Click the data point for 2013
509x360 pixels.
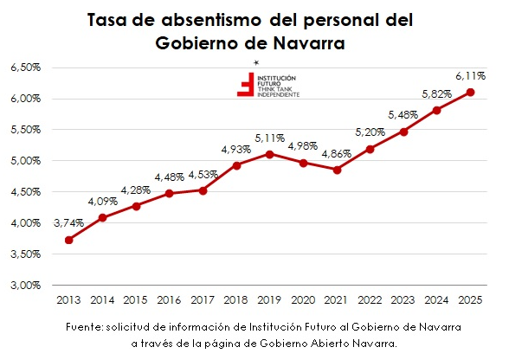(69, 241)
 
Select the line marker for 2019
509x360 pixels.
(269, 155)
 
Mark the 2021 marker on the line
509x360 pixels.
(338, 170)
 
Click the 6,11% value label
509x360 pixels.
(471, 76)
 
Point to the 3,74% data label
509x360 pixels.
(69, 223)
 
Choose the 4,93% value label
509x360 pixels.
(236, 150)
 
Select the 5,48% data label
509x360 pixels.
(403, 115)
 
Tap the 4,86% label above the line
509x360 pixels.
(336, 154)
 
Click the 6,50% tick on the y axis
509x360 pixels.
(26, 67)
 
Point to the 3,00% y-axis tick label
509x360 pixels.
(26, 286)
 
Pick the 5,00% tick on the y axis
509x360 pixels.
(26, 161)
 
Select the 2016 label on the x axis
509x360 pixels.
(169, 300)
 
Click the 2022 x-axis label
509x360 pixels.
(370, 300)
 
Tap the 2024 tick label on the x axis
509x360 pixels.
(436, 300)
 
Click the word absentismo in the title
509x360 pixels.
(211, 21)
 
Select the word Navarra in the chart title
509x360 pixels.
(309, 43)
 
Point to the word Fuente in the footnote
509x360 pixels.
(84, 326)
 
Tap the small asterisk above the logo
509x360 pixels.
(256, 62)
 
